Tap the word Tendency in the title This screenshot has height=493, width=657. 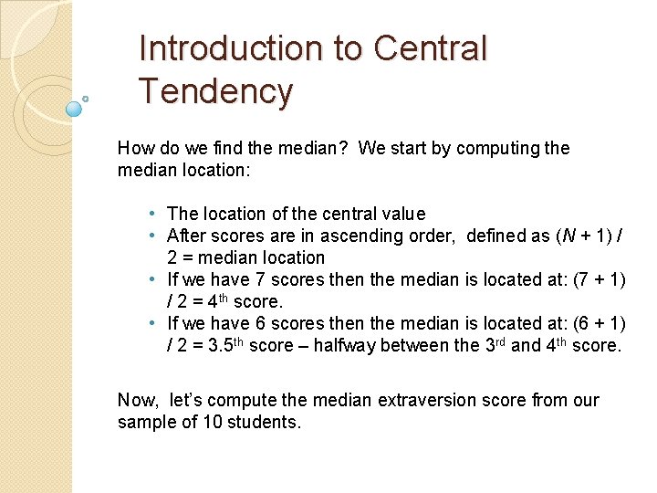pyautogui.click(x=215, y=91)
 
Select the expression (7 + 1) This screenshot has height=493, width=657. pyautogui.click(x=599, y=279)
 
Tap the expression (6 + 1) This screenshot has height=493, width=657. pyautogui.click(x=599, y=323)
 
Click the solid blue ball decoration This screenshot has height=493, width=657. pyautogui.click(x=75, y=109)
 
